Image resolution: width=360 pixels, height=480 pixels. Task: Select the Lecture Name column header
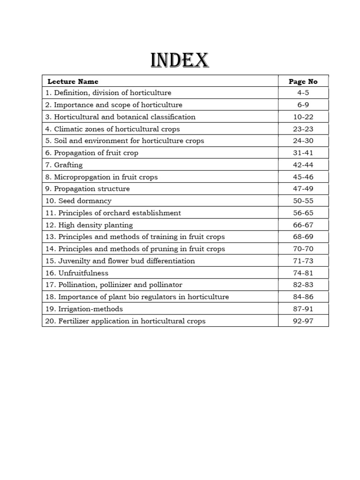pos(73,82)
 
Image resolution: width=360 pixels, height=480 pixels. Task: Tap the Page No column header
pos(303,82)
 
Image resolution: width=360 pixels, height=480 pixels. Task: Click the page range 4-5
pos(303,93)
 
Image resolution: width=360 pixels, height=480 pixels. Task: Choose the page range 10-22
pos(303,117)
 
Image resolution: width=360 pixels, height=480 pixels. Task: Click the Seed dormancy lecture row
pos(78,201)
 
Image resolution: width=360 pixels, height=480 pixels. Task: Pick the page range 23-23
pos(303,129)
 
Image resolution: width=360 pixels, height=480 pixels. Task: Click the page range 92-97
pos(303,321)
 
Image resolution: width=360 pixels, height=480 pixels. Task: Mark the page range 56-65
pos(303,213)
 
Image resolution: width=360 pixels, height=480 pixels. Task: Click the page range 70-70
pos(303,249)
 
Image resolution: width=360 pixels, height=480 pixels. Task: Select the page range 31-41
pos(303,153)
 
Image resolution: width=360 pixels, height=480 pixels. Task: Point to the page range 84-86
pos(303,297)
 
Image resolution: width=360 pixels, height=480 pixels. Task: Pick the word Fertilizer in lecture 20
pos(74,321)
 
